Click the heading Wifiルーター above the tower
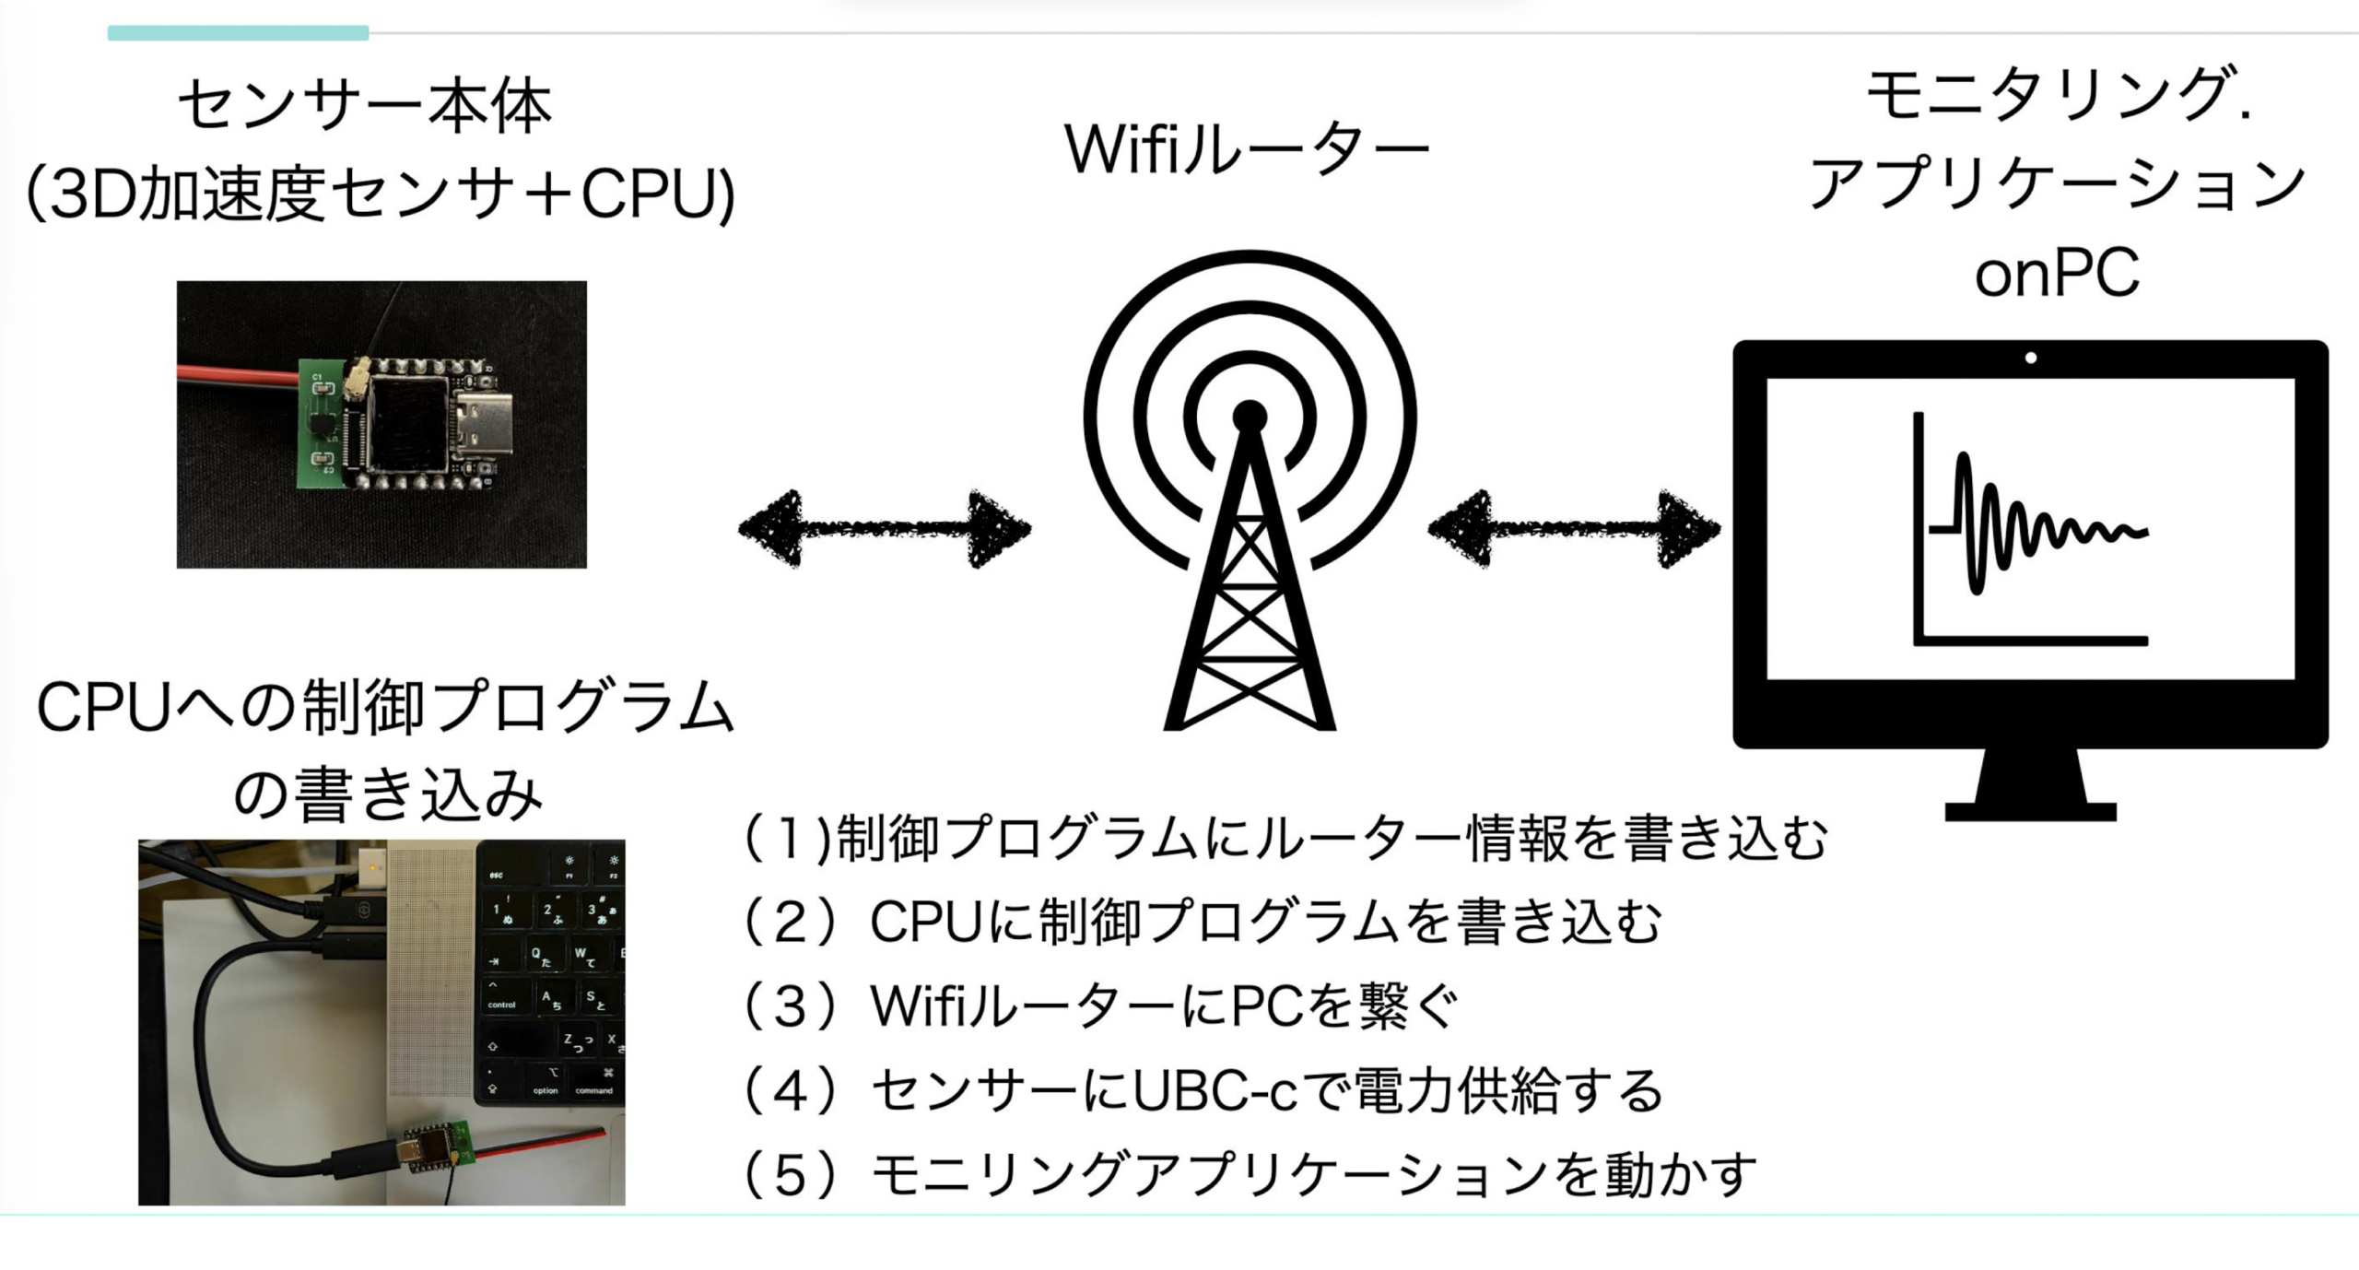[1247, 149]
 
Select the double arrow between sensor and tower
[885, 528]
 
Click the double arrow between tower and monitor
[1574, 528]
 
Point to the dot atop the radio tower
[1250, 417]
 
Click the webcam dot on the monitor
[2031, 358]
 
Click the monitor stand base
[2031, 811]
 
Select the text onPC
[2057, 273]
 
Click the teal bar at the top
[238, 33]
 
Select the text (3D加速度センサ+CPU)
[381, 194]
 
